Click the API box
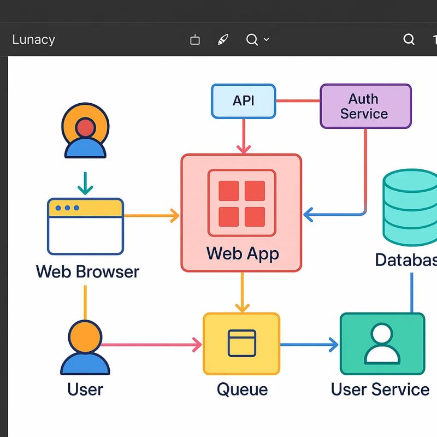coord(243,101)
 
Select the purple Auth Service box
coord(365,106)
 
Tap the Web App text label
coord(243,253)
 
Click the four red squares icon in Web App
coord(241,203)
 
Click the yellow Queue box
coord(241,344)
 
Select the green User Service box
coord(382,344)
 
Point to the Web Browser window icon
coord(85,226)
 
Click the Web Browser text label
coord(87,271)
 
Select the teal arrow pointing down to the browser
coord(85,184)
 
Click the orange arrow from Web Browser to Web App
coord(152,216)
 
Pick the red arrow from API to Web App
coord(243,137)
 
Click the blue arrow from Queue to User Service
coord(309,344)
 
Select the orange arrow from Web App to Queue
coord(241,293)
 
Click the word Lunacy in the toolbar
coord(33,40)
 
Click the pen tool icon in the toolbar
coord(223,40)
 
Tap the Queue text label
coord(242,389)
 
